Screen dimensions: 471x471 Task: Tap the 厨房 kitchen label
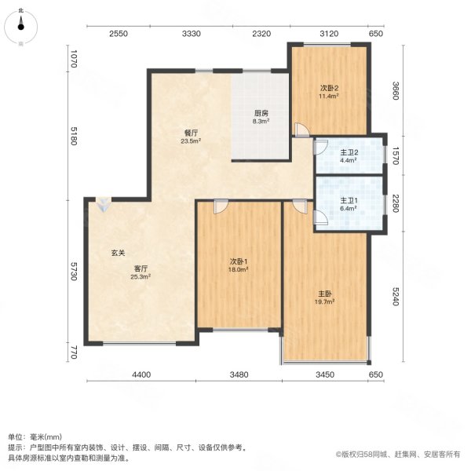coord(261,113)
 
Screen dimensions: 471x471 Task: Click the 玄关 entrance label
coord(118,253)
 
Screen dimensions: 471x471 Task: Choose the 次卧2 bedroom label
coord(328,88)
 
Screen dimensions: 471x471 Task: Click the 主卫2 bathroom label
coord(349,152)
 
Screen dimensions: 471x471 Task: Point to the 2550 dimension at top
coord(118,34)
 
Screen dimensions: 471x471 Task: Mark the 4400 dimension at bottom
coord(140,374)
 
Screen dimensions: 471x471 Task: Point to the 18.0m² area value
coord(239,269)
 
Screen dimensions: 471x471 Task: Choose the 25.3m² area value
coord(141,276)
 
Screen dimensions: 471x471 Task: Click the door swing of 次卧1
coord(220,208)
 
